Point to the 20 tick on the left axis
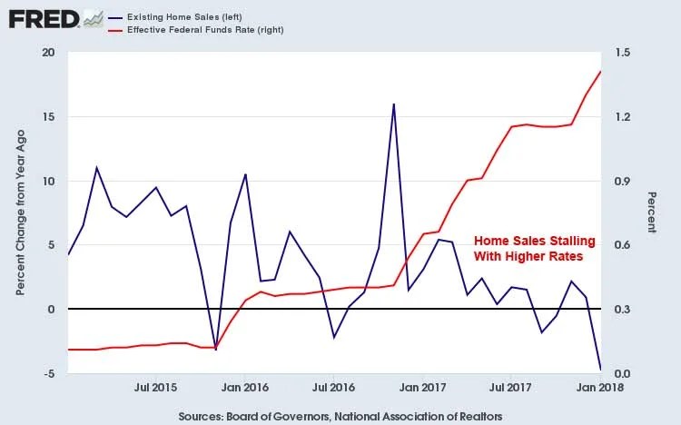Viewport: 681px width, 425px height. pos(49,53)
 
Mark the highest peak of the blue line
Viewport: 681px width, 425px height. pos(393,104)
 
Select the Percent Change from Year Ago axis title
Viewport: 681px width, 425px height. pos(20,213)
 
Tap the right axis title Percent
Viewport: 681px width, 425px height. pos(651,212)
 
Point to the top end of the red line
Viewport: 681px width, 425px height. pos(601,71)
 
